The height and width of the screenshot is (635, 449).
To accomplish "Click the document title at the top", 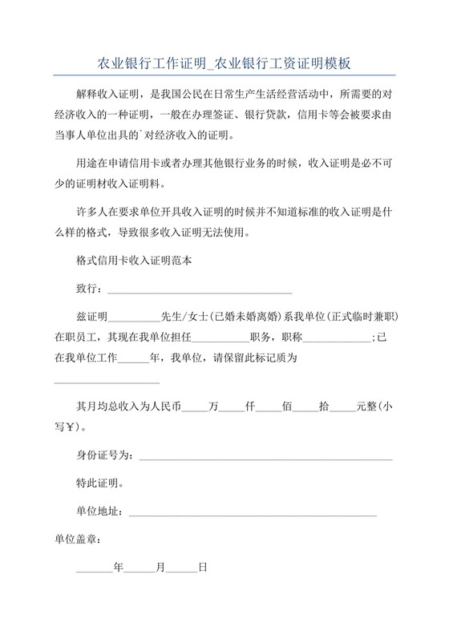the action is [224, 63].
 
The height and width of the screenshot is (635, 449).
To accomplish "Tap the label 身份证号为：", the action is [103, 455].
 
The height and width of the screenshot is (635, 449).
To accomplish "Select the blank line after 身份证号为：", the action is [265, 457].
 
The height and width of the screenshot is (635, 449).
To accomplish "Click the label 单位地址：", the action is [99, 512].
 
